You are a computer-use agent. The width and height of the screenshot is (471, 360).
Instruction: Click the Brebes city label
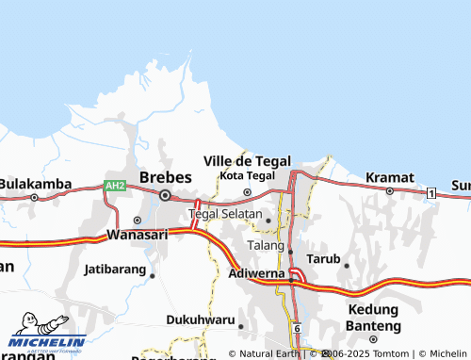click(x=165, y=176)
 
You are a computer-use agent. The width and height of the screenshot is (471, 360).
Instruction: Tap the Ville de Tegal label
click(x=247, y=160)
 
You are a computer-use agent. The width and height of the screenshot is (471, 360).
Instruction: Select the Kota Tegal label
click(x=247, y=175)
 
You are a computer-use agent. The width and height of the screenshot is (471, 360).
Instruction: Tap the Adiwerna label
click(x=256, y=274)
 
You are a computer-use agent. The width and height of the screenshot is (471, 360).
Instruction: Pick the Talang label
click(x=265, y=245)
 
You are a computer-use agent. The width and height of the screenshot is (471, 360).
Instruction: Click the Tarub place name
click(x=323, y=257)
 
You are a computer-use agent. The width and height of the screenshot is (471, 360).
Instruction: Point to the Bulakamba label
click(x=28, y=183)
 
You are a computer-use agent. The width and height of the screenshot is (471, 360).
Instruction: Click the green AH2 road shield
click(x=115, y=187)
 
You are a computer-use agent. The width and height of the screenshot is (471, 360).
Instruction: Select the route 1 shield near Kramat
click(x=430, y=192)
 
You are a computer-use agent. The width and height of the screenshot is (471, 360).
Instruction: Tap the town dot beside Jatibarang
click(x=153, y=275)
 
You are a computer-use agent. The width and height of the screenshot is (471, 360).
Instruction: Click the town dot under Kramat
click(x=389, y=190)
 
